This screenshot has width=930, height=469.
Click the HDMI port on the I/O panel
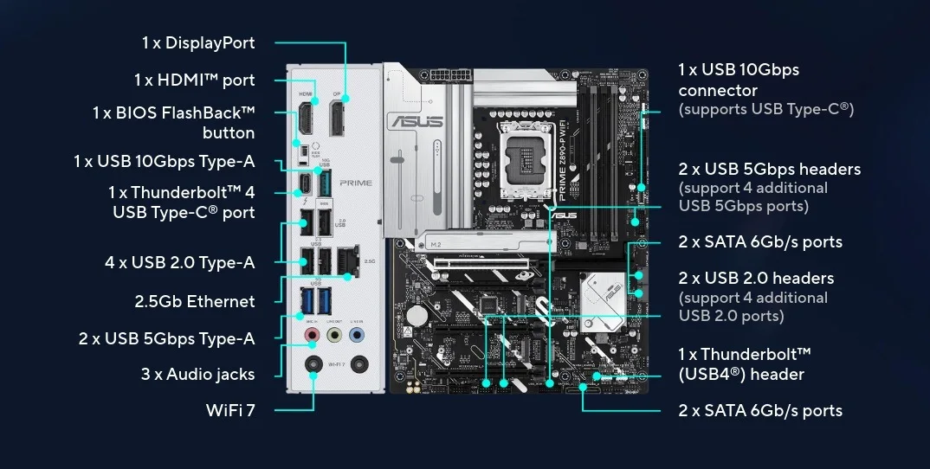coord(306,118)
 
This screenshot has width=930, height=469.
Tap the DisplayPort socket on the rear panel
coord(337,118)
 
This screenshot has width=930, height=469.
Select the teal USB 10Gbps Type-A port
coord(324,183)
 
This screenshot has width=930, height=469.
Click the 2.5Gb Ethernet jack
coord(347,260)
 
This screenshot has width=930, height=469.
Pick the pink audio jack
coord(313,336)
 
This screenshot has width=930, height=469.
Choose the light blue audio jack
coord(357,336)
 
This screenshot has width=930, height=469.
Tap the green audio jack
coord(334,336)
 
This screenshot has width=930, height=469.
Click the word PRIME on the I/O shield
coord(356,183)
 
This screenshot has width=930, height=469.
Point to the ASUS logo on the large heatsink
coord(416,121)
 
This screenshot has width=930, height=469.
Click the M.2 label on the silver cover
coord(436,244)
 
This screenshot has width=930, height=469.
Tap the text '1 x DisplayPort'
coord(198,42)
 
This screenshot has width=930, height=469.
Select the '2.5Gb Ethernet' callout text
coord(195,301)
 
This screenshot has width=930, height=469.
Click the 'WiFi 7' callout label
coord(230,409)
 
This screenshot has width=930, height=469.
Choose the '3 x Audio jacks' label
coord(197,374)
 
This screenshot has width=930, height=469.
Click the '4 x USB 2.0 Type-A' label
coord(180,262)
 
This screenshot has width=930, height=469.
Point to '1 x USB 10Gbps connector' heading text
coord(739,80)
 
